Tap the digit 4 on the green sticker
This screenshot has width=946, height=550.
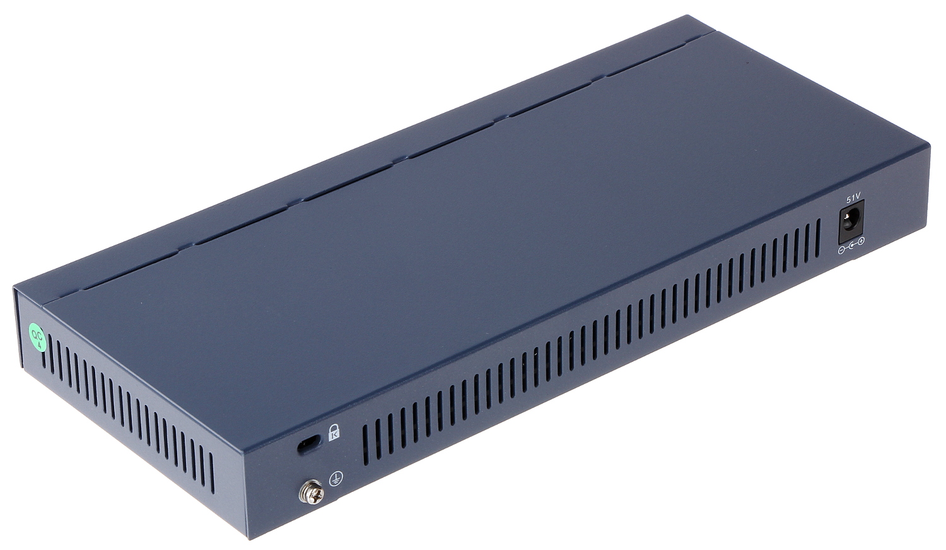pyautogui.click(x=40, y=345)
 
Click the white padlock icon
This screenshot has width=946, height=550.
pyautogui.click(x=334, y=431)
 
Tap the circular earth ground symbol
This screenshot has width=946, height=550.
pyautogui.click(x=336, y=479)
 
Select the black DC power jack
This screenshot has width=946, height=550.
pyautogui.click(x=851, y=221)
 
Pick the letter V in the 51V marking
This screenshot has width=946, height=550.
pyautogui.click(x=858, y=196)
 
